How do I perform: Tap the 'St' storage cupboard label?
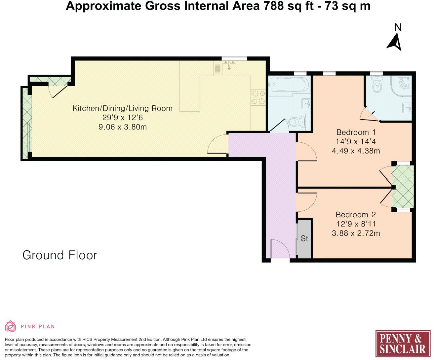coord(304,238)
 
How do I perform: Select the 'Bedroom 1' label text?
coord(356,132)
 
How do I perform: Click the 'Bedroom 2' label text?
coord(356,215)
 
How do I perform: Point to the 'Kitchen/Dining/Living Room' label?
coord(122,108)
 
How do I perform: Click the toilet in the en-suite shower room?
coord(376,85)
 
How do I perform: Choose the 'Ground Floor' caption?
coord(60,255)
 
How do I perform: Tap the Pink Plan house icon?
coord(11,326)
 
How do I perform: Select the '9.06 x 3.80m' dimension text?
coord(123,127)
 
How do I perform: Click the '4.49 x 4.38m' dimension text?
coord(356,151)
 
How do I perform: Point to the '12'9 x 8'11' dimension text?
coord(356,224)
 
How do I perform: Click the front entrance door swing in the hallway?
coord(280,249)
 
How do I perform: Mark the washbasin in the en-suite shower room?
coord(407,108)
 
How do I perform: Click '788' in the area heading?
coord(273,6)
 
